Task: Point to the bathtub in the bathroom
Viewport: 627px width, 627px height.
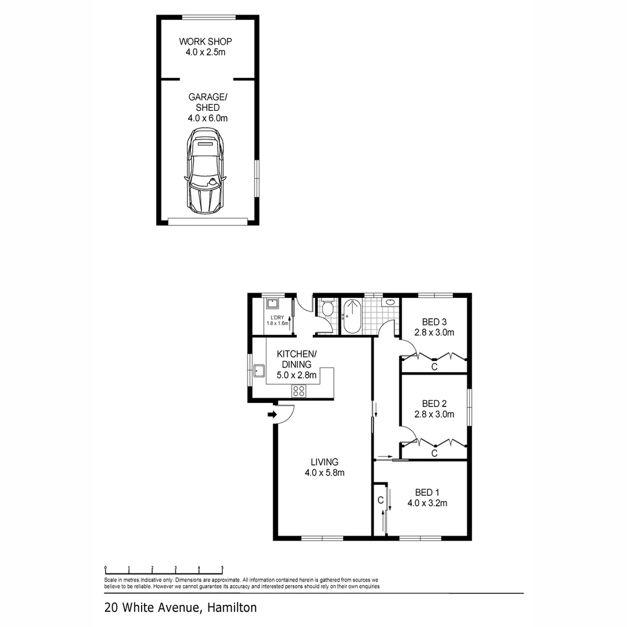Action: [x=352, y=316]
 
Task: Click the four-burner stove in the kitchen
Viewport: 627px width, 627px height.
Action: [x=298, y=391]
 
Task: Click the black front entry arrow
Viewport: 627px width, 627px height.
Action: [x=272, y=415]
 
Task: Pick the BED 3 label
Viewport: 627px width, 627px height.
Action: [x=434, y=322]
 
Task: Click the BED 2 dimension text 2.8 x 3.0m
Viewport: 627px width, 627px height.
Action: [x=434, y=415]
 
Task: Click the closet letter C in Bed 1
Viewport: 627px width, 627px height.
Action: [x=380, y=500]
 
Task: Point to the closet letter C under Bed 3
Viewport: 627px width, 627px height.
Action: [x=434, y=367]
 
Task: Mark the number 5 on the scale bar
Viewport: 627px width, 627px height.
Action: [x=222, y=569]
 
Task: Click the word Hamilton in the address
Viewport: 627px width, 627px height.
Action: [x=230, y=608]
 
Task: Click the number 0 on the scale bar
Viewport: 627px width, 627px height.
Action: [x=105, y=569]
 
